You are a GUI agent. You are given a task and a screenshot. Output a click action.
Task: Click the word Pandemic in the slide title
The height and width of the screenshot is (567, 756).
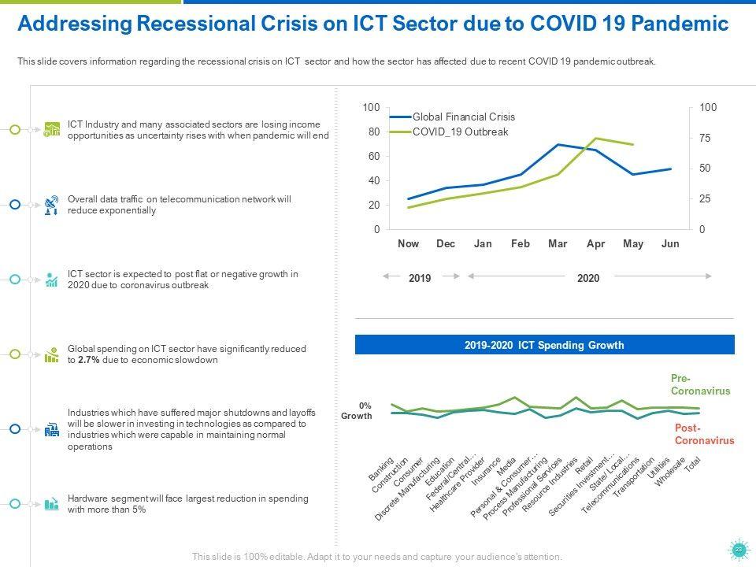(676, 24)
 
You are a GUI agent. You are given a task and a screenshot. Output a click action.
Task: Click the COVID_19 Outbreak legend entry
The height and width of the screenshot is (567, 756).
(460, 132)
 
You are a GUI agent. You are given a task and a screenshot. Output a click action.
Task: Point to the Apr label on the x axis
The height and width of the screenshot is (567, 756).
(596, 244)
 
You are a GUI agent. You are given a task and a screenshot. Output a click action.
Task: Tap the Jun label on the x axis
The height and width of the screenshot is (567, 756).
(670, 244)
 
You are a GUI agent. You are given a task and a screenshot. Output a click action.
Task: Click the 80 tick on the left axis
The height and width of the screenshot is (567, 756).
(372, 132)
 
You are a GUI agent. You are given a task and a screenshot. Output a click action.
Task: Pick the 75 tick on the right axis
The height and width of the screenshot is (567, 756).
(705, 138)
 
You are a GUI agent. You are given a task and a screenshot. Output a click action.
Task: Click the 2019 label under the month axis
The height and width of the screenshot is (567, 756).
(421, 278)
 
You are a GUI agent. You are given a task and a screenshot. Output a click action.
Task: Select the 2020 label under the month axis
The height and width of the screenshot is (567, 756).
(588, 278)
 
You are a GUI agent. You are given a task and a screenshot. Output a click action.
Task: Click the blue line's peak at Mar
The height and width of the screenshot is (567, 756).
(558, 145)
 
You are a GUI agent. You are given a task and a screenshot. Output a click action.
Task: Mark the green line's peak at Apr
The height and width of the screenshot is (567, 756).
(596, 139)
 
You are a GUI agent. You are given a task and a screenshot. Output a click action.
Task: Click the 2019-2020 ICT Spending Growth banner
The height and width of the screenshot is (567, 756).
(544, 345)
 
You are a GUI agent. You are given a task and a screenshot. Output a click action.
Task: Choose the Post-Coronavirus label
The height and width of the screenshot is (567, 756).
(704, 434)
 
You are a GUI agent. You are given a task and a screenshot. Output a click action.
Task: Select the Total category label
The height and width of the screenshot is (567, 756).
(692, 465)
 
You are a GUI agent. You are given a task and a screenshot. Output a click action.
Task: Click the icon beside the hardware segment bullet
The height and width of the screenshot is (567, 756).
(52, 503)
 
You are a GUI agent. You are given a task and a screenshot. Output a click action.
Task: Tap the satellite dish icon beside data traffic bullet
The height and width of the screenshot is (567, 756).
(52, 205)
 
